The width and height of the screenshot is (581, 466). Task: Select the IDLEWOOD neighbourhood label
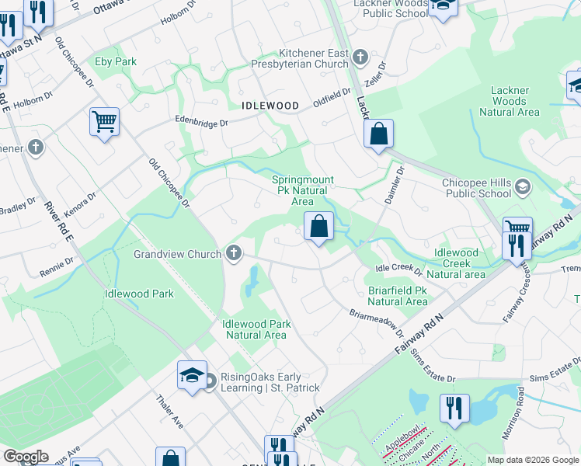(270, 105)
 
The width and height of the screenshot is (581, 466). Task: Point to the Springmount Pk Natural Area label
(302, 190)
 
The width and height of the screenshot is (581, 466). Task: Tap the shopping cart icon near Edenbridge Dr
(104, 121)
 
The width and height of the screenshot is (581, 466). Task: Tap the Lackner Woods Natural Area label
(509, 101)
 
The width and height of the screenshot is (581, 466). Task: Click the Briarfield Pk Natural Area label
(397, 296)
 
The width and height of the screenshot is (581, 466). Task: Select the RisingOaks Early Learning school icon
(191, 375)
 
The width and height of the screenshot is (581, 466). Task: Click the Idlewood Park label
(139, 294)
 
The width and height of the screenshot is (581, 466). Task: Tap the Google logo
(26, 457)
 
